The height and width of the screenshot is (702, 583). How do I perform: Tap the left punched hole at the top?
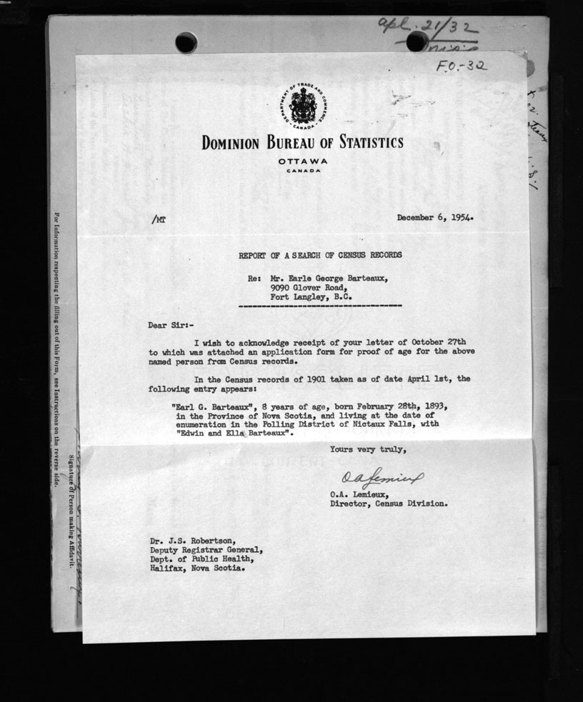pyautogui.click(x=186, y=42)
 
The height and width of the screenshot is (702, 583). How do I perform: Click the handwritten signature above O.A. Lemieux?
pyautogui.click(x=377, y=477)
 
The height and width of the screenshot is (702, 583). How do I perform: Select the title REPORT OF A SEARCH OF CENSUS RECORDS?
pyautogui.click(x=320, y=254)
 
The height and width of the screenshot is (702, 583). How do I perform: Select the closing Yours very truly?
pyautogui.click(x=367, y=449)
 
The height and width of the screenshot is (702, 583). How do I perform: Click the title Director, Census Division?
pyautogui.click(x=389, y=503)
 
